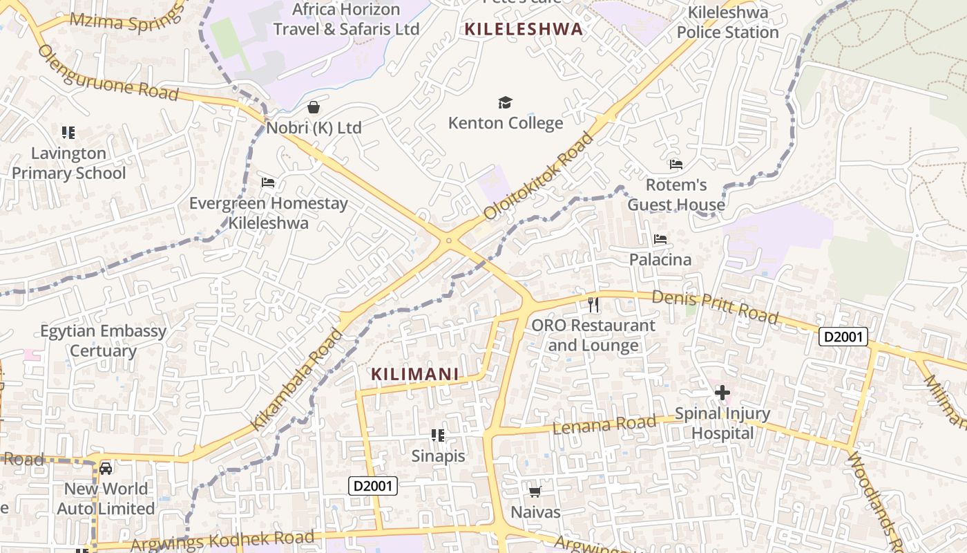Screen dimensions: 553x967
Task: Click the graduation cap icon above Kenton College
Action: click(506, 103)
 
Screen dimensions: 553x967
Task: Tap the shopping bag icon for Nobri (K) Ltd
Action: click(314, 107)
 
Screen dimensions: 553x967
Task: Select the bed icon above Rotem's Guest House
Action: click(676, 165)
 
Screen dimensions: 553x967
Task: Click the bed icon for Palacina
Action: click(660, 239)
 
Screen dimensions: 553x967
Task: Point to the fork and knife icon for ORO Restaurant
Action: click(593, 304)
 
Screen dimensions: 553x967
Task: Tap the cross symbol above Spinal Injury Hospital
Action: click(722, 393)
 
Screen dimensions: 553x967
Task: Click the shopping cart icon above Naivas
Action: click(535, 492)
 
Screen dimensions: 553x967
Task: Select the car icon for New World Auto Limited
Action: click(106, 469)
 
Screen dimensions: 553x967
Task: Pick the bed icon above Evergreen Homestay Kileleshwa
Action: click(268, 182)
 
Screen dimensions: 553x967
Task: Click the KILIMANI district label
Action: click(415, 374)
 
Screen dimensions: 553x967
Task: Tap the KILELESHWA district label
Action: click(524, 29)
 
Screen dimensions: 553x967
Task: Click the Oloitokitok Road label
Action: click(539, 176)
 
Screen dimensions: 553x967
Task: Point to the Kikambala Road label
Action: click(296, 379)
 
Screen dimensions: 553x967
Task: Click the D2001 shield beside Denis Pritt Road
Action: click(843, 337)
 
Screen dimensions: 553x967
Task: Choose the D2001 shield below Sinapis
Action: click(373, 486)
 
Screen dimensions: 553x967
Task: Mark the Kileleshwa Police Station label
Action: click(727, 22)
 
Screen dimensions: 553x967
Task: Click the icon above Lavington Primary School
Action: click(68, 132)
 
